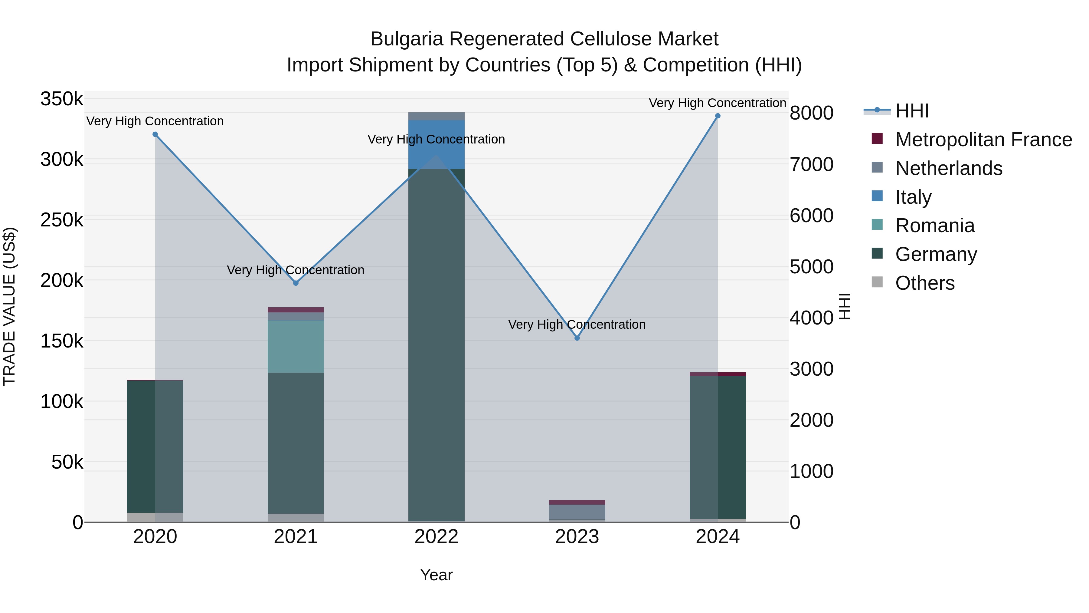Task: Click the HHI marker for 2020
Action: point(155,134)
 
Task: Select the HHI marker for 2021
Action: point(296,283)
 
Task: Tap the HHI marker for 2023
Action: point(577,338)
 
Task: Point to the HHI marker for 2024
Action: point(718,116)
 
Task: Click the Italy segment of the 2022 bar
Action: point(436,145)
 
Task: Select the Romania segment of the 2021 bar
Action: point(296,347)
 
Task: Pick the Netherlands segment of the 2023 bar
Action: point(577,512)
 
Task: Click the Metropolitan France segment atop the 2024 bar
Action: point(718,374)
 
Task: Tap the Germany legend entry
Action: point(936,254)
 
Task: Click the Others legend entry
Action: point(924,283)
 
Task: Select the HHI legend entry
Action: point(912,111)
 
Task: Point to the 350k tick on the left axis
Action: point(62,99)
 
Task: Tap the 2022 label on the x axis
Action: point(436,537)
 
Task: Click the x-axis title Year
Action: point(436,575)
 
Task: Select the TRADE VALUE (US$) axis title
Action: point(9,306)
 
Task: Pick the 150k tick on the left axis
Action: point(62,341)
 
